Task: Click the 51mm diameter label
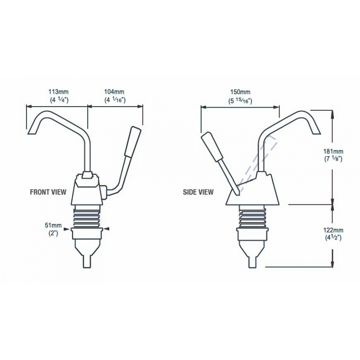(x=56, y=226)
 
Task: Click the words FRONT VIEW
(x=48, y=192)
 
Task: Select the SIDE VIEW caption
(x=198, y=192)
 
